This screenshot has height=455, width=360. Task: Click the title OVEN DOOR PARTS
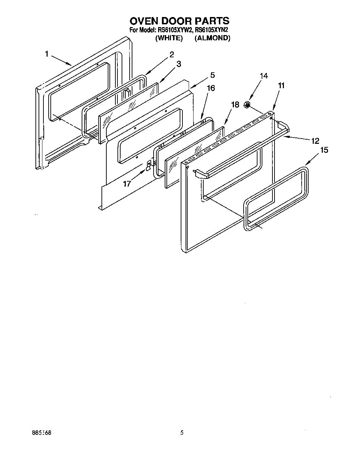click(x=180, y=21)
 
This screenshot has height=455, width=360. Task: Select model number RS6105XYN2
click(x=212, y=30)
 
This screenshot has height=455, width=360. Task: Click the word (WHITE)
click(x=169, y=38)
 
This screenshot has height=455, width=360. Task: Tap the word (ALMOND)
click(x=212, y=38)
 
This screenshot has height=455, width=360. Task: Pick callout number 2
click(x=171, y=54)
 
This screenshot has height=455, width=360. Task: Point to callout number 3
click(x=178, y=64)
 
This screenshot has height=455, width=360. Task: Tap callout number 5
click(x=212, y=75)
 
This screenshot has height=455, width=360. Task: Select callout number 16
click(x=211, y=88)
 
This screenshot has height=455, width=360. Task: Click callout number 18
click(x=235, y=105)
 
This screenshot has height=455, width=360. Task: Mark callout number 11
click(x=281, y=85)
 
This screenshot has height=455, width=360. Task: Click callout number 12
click(x=315, y=141)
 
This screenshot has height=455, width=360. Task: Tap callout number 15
click(x=324, y=150)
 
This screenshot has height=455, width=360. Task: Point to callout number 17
click(x=127, y=183)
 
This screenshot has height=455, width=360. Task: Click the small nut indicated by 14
click(x=247, y=105)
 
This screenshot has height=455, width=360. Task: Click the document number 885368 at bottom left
click(x=41, y=433)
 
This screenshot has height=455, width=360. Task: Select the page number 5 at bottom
click(x=181, y=433)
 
